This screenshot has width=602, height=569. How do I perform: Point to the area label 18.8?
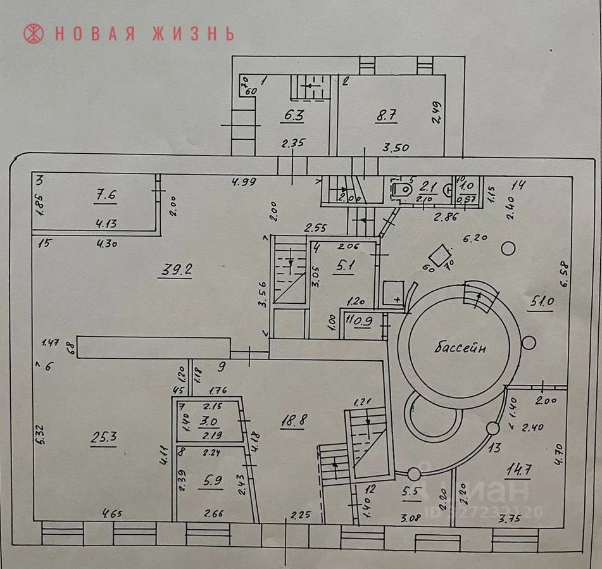coord(292,420)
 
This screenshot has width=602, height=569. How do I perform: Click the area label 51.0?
coord(541,303)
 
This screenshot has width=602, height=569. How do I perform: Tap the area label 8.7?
coord(387,116)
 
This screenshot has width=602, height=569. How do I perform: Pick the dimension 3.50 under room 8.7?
coord(396,148)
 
